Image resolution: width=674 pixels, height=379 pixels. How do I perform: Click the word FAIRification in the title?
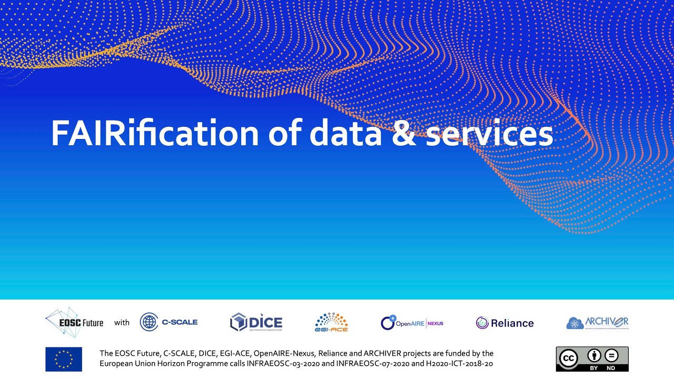pos(155,134)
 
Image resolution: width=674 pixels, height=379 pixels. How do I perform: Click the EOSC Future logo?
pos(74,322)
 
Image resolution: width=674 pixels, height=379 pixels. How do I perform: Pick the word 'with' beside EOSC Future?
pos(122,323)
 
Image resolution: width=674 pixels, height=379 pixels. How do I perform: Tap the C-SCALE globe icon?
pos(149,322)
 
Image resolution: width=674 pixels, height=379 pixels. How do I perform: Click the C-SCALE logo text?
pos(180,322)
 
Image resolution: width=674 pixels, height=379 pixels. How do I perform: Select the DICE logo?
pos(256,322)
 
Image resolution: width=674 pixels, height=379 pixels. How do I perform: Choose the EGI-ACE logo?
pos(331,322)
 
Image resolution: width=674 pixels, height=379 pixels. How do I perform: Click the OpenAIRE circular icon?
pos(388,323)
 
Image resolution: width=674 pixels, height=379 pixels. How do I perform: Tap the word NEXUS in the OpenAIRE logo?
pos(435,323)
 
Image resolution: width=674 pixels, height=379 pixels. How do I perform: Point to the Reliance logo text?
pos(512,323)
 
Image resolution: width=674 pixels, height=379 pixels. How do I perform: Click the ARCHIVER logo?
pos(598,322)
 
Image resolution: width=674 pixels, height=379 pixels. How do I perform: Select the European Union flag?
pos(64,359)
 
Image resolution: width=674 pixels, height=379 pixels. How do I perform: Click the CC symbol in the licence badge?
pos(568,358)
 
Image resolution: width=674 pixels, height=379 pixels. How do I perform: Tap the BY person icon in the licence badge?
pos(594,355)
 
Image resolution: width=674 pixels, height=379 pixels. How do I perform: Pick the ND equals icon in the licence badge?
pos(611,355)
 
